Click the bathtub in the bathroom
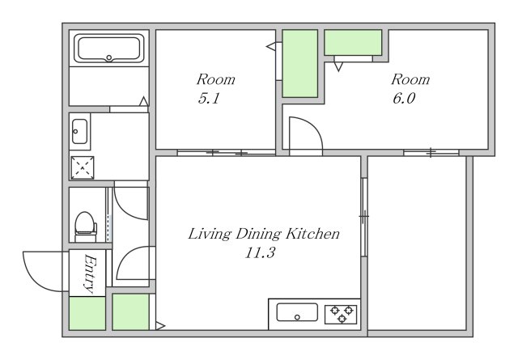point(109,49)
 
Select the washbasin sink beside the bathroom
point(79,131)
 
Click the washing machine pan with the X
point(83,167)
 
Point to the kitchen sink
point(297,312)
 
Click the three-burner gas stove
point(342,314)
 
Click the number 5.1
point(209,98)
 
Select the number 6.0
point(404,98)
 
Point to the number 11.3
point(260,253)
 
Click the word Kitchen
point(312,234)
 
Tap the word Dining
point(258,235)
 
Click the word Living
point(210,235)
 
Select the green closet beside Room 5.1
point(300,63)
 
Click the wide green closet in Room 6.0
point(353,42)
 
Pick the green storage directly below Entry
point(87,313)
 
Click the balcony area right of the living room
point(417,243)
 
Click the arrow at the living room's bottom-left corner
point(160,326)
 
